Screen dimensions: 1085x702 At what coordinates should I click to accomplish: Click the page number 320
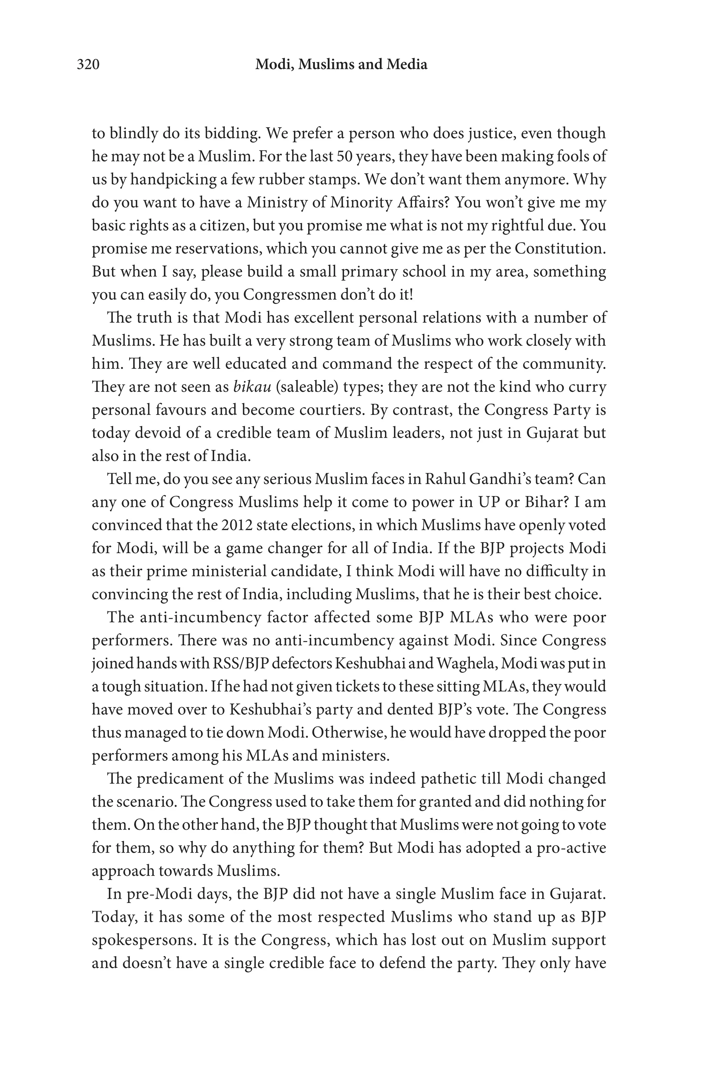tap(88, 65)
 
